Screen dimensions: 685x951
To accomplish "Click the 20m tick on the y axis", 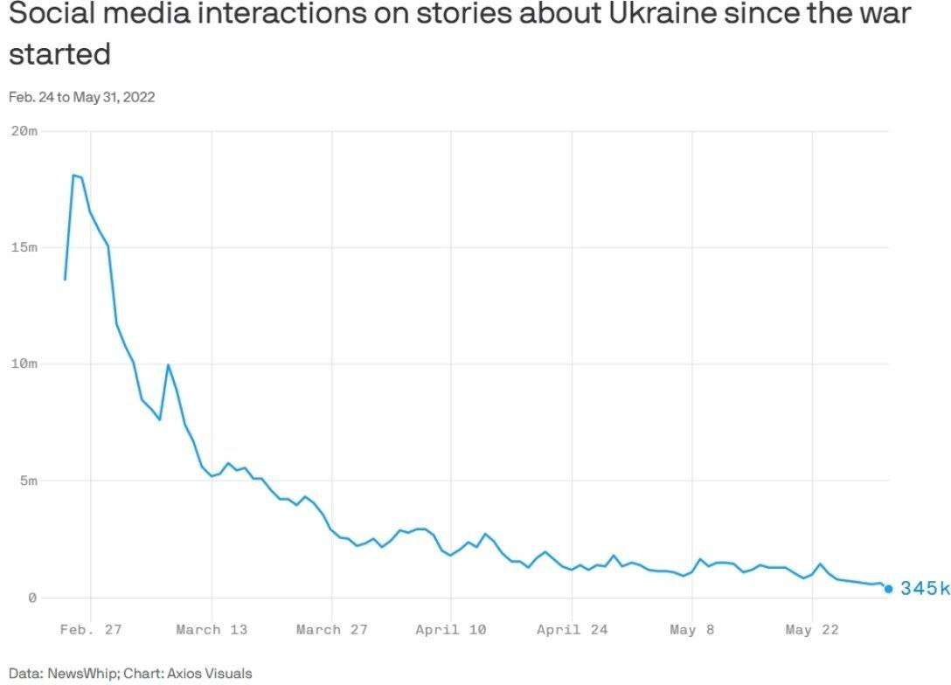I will [24, 131].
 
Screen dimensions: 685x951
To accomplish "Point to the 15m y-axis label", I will [24, 247].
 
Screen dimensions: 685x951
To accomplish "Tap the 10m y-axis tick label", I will [24, 363].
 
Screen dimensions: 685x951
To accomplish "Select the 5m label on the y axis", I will [27, 481].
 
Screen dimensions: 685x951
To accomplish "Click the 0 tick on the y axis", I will [32, 598].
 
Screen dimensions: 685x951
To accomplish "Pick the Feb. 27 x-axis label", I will [91, 629].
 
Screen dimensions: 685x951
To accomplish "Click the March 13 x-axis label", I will [212, 629].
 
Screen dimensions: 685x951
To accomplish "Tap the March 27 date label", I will [331, 629].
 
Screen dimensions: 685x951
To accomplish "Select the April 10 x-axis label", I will [451, 629].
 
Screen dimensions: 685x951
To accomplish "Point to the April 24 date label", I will [572, 629].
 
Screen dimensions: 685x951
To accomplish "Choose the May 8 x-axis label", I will [691, 629].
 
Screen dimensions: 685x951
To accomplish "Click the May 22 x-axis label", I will [811, 629].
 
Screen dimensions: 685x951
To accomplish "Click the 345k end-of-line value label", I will [924, 589].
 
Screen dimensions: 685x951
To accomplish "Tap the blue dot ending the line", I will [889, 589].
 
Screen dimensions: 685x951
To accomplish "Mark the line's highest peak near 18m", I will [73, 175].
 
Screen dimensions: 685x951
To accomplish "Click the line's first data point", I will [65, 280].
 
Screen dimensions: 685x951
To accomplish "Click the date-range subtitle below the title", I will [81, 97].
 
